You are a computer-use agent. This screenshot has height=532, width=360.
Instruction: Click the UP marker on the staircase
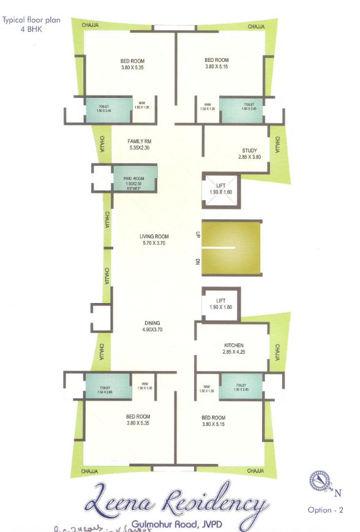point(198,234)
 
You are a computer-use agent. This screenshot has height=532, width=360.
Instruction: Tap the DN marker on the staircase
point(198,262)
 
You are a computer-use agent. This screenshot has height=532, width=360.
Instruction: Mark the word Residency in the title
point(212,503)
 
